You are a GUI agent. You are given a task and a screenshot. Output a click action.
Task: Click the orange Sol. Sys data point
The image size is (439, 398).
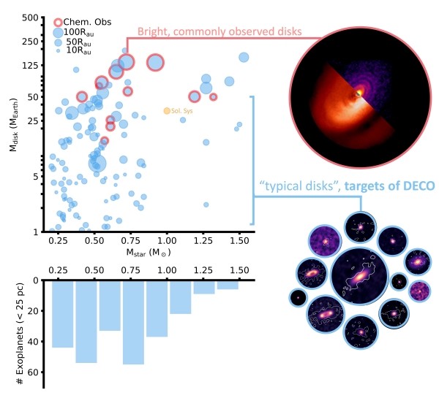click(x=167, y=110)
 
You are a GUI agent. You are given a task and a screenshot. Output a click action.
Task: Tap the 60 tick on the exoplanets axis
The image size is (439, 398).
click(x=34, y=372)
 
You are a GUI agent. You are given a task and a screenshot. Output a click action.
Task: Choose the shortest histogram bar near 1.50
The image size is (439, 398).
click(x=228, y=285)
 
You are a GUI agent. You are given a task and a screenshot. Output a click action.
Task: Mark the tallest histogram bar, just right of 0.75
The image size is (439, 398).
click(x=133, y=322)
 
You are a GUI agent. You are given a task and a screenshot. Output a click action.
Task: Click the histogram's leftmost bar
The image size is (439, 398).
click(x=62, y=314)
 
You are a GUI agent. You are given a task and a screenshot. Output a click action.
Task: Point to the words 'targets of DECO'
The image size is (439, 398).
click(x=390, y=186)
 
